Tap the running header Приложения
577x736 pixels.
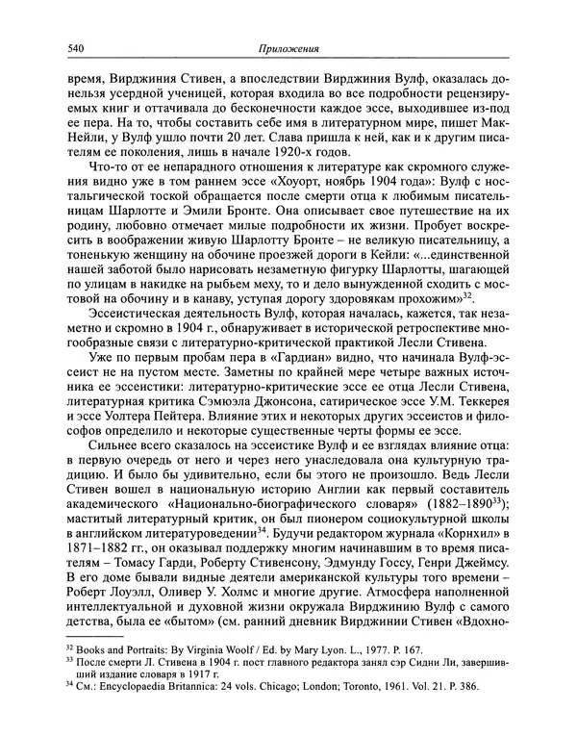tap(290, 48)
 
